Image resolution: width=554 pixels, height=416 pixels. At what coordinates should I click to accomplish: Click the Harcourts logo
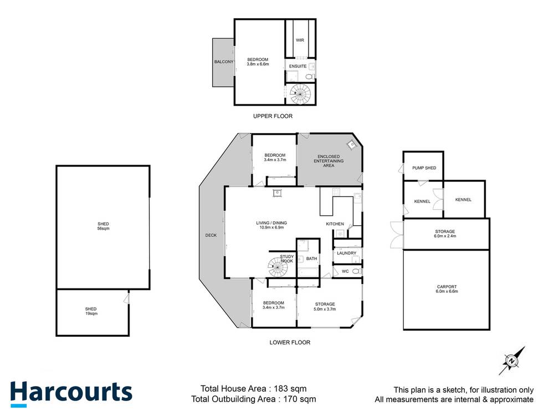pyautogui.click(x=71, y=392)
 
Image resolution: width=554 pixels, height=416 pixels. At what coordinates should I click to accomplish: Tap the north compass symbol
pyautogui.click(x=512, y=361)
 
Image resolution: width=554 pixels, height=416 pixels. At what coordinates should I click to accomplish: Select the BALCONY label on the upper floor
pyautogui.click(x=224, y=62)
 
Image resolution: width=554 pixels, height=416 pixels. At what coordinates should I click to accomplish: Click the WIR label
pyautogui.click(x=300, y=40)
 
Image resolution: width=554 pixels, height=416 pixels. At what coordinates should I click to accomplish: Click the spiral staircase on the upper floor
pyautogui.click(x=302, y=95)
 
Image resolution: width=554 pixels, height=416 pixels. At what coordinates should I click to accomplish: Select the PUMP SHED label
pyautogui.click(x=423, y=168)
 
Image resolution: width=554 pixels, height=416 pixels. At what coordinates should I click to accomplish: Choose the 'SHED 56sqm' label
pyautogui.click(x=102, y=226)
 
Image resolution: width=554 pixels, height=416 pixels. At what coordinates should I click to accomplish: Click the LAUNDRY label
pyautogui.click(x=346, y=253)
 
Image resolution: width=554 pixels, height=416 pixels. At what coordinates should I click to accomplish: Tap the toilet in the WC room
pyautogui.click(x=356, y=271)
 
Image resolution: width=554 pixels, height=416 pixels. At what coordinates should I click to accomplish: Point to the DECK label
pyautogui.click(x=211, y=235)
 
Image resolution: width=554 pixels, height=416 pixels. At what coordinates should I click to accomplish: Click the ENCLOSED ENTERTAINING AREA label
pyautogui.click(x=329, y=161)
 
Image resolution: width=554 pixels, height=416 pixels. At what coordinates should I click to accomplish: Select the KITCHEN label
pyautogui.click(x=335, y=224)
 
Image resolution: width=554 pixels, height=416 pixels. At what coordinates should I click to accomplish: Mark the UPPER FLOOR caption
pyautogui.click(x=273, y=116)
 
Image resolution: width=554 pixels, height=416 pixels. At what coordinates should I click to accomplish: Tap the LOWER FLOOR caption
pyautogui.click(x=290, y=342)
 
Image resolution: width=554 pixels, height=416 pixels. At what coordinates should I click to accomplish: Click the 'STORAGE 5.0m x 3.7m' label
pyautogui.click(x=325, y=306)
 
